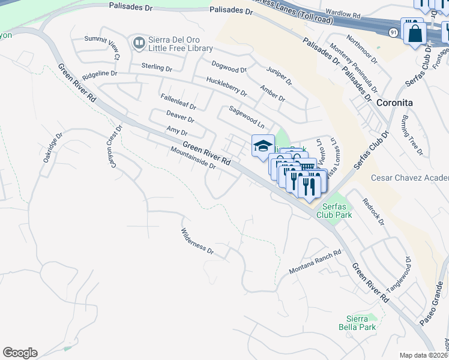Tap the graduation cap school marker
pyautogui.click(x=263, y=146)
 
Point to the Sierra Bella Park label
pyautogui.click(x=361, y=323)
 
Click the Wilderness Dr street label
pyautogui.click(x=197, y=241)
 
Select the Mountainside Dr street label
pyautogui.click(x=193, y=158)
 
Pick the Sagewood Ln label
pyautogui.click(x=247, y=117)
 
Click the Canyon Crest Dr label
pyautogui.click(x=114, y=142)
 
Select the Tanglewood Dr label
pyautogui.click(x=399, y=275)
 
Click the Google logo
pyautogui.click(x=20, y=353)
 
